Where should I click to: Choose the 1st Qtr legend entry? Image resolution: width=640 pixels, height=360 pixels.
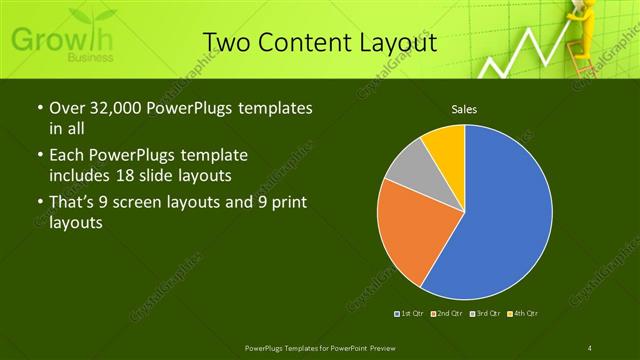(411, 315)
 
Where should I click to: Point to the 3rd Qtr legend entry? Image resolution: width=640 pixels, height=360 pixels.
(486, 315)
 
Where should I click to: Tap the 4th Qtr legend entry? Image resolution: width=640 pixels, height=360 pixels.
(524, 315)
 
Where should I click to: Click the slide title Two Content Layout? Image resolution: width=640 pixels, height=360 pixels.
(320, 42)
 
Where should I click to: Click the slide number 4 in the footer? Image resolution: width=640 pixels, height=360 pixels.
(590, 347)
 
